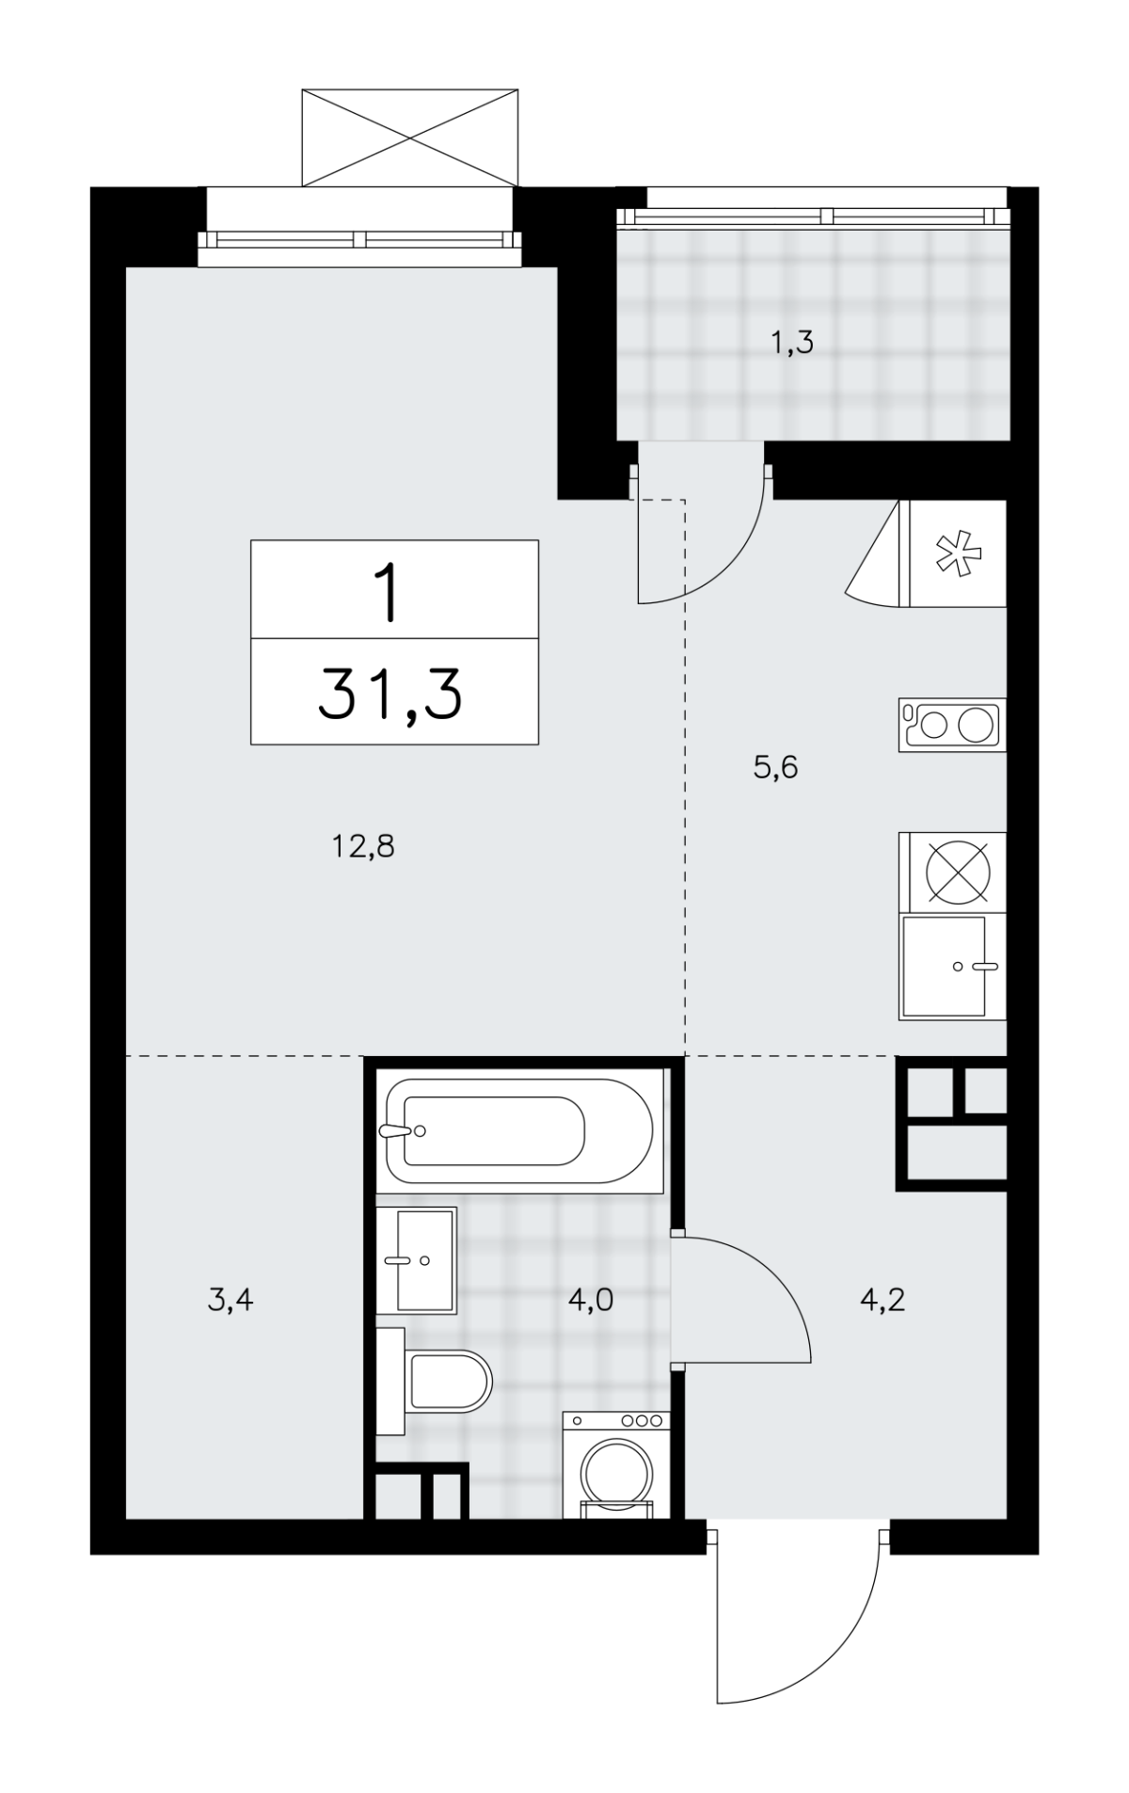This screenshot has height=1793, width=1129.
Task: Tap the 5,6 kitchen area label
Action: pos(775,768)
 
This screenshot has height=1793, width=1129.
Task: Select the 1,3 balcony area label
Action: pos(791,344)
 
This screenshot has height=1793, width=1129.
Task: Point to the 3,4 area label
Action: pos(230,1301)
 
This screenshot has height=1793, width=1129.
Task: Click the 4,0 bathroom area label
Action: pos(591,1301)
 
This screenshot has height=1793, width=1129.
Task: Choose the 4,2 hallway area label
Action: pos(883,1301)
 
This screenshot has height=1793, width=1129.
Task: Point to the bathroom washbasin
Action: pos(417,1260)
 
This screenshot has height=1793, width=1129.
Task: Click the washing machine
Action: pos(616,1464)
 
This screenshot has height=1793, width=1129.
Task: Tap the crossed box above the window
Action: pos(409,137)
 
